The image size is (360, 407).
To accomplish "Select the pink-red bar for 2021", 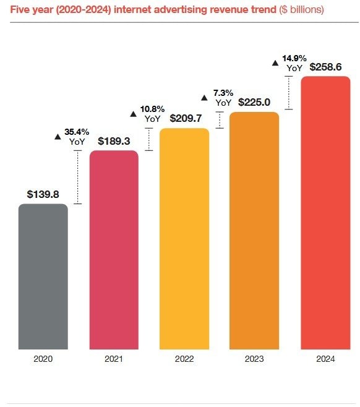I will click(114, 251).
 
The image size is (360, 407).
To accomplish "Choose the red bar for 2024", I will click(325, 213).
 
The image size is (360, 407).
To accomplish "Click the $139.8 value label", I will click(43, 194).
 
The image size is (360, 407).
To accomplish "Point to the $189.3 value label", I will click(114, 141).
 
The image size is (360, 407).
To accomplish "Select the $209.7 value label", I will click(184, 119).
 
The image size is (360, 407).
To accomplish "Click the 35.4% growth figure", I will click(77, 132).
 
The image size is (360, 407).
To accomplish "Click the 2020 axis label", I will click(43, 359).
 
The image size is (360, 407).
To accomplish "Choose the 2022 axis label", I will click(184, 359).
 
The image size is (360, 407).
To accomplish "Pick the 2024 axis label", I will click(325, 359).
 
